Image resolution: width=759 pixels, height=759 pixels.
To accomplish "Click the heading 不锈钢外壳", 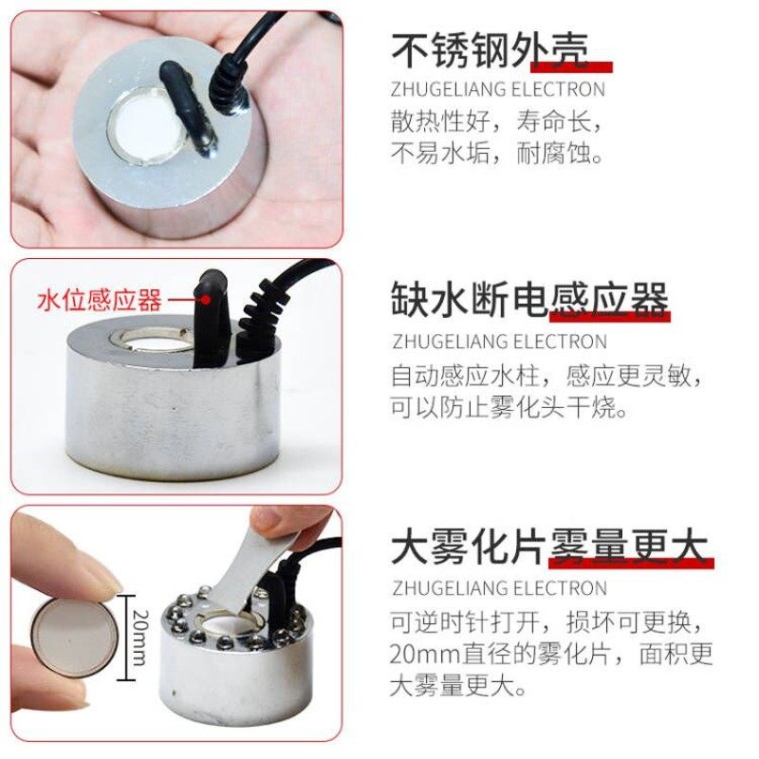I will coord(490,48).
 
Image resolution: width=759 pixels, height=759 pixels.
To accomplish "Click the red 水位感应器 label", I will coord(99,301).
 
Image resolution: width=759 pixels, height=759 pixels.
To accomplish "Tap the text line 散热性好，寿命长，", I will coord(497,123).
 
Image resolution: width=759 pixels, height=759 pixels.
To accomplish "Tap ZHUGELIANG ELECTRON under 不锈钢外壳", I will coord(497,90).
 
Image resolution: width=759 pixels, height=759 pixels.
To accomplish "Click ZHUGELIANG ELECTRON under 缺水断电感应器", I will coord(498,341).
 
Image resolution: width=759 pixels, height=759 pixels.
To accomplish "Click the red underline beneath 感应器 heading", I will coord(608,317).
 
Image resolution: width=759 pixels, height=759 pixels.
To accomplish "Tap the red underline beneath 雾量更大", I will coord(631,564).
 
